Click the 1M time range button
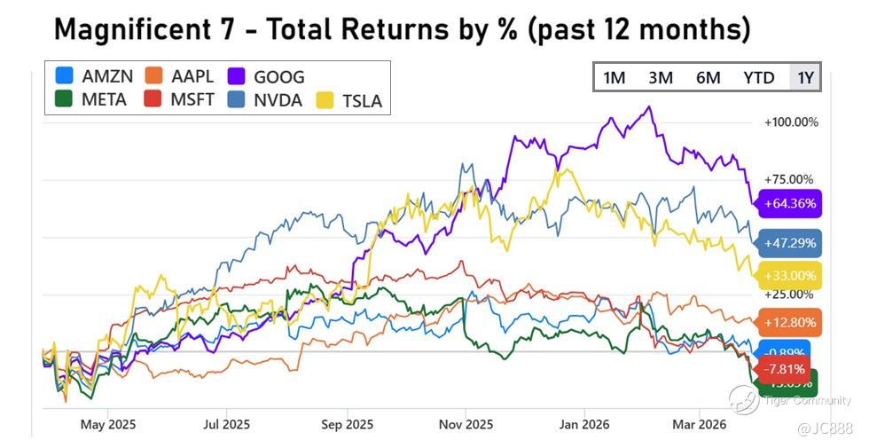[x=614, y=78]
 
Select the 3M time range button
[x=660, y=78]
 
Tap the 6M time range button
[x=708, y=78]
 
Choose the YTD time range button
[x=758, y=78]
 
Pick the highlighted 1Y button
[x=804, y=78]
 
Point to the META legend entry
[x=91, y=99]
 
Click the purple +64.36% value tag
[x=788, y=203]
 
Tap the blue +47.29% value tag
[x=788, y=241]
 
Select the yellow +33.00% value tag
[x=788, y=276]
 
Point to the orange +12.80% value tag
[x=788, y=322]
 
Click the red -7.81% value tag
[x=779, y=368]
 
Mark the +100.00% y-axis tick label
[x=791, y=122]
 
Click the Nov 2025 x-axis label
[x=466, y=423]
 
